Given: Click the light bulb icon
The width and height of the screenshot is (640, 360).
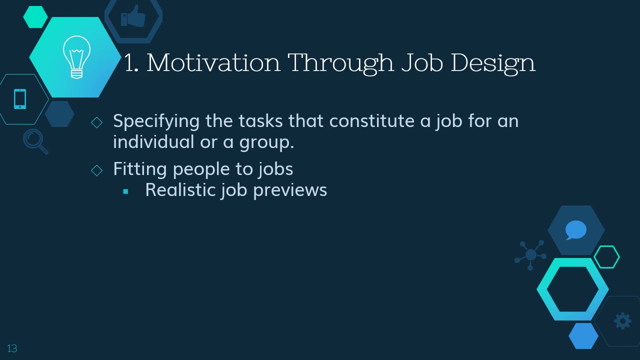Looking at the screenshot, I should (76, 57).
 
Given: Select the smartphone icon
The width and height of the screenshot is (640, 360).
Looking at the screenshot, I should (20, 99).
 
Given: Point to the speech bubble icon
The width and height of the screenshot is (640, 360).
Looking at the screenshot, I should (575, 230).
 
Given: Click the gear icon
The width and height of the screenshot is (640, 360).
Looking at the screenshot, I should (622, 321).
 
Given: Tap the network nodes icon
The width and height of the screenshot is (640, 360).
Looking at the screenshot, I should (530, 255).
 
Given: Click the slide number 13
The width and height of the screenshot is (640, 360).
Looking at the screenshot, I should (12, 348).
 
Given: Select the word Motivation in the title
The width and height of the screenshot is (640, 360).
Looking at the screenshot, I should (213, 63).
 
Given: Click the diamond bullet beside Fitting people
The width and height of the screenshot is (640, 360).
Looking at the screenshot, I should (97, 170).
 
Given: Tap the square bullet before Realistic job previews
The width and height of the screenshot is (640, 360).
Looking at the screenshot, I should (125, 191).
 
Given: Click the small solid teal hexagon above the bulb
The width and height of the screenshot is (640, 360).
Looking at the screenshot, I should (35, 16).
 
